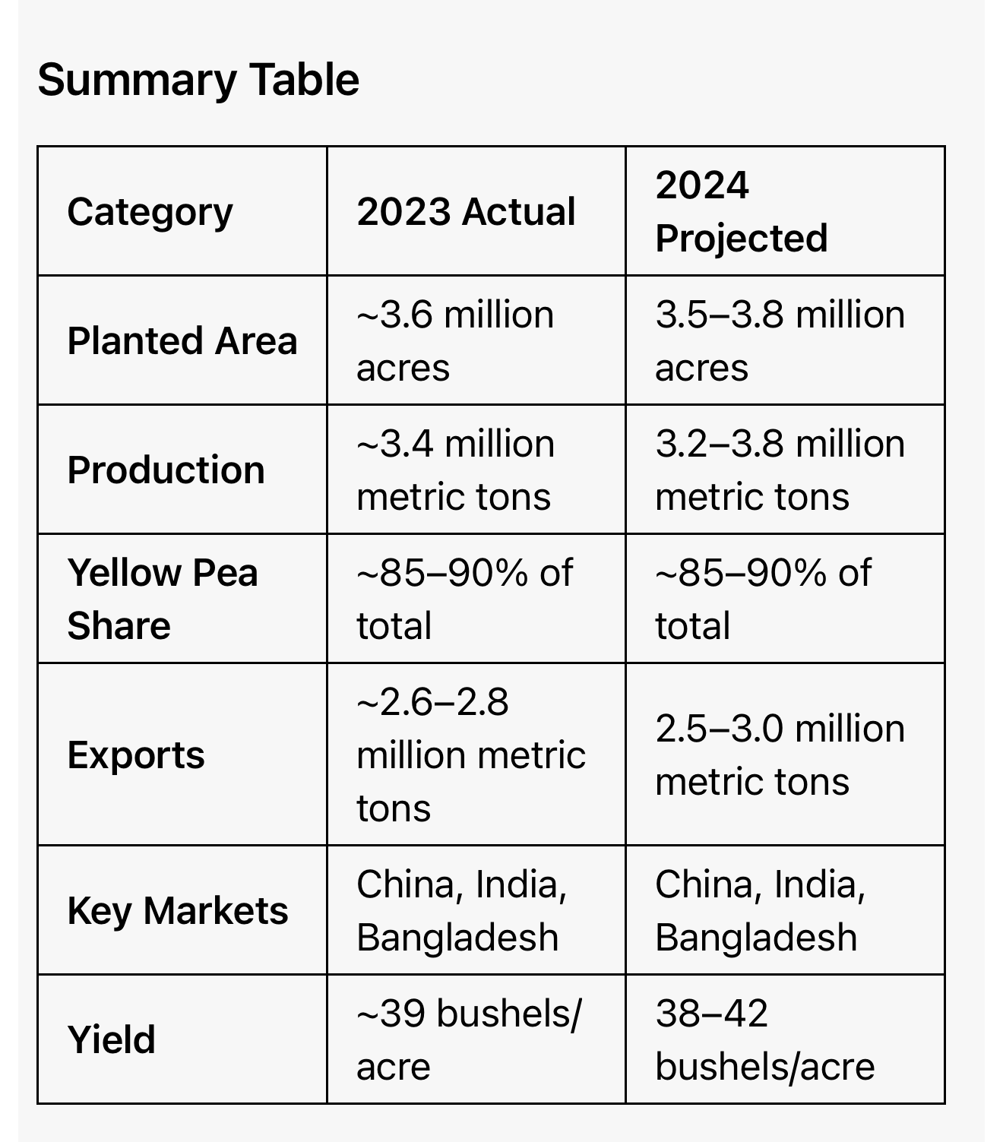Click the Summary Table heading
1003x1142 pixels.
coord(198,80)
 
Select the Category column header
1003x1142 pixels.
coord(150,212)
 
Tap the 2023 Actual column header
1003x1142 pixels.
coord(466,212)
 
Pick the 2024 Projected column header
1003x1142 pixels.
coord(741,212)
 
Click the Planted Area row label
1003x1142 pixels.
coord(182,341)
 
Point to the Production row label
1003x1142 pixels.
coord(166,470)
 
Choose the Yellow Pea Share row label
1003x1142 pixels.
coord(163,599)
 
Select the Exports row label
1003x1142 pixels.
coord(136,755)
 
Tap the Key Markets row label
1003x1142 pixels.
coord(178,911)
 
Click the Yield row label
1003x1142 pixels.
coord(111,1040)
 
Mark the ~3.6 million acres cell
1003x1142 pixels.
coord(455,341)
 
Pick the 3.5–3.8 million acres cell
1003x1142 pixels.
coord(780,341)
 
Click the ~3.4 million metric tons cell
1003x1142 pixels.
coord(455,470)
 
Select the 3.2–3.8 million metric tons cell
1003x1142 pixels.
coord(780,470)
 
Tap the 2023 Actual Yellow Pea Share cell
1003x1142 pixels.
coord(464,599)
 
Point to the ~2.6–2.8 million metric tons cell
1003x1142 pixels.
coord(470,755)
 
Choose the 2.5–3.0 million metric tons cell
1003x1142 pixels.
coord(780,755)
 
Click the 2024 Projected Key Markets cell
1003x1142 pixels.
coord(760,911)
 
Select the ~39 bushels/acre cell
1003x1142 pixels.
coord(468,1040)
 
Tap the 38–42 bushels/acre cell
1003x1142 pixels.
coord(764,1040)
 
